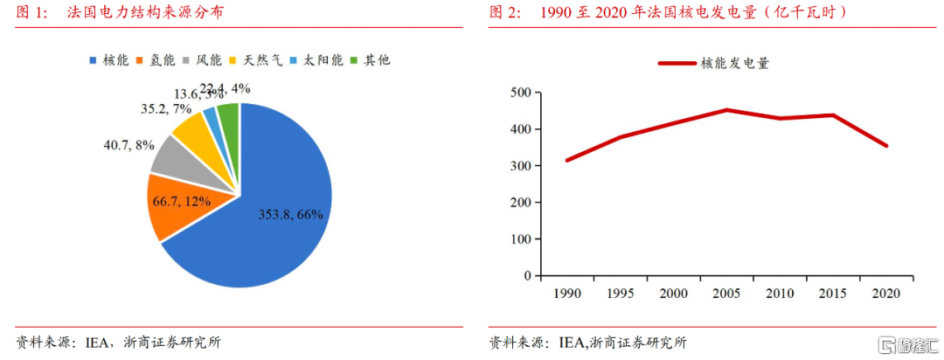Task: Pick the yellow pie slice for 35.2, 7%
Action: coord(190,128)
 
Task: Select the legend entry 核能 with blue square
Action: coord(108,60)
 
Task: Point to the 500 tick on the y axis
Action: coord(520,93)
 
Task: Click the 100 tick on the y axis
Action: coord(520,239)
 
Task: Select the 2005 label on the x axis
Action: coord(725,293)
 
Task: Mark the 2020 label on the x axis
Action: coord(886,293)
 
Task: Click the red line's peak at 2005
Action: coord(725,110)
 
